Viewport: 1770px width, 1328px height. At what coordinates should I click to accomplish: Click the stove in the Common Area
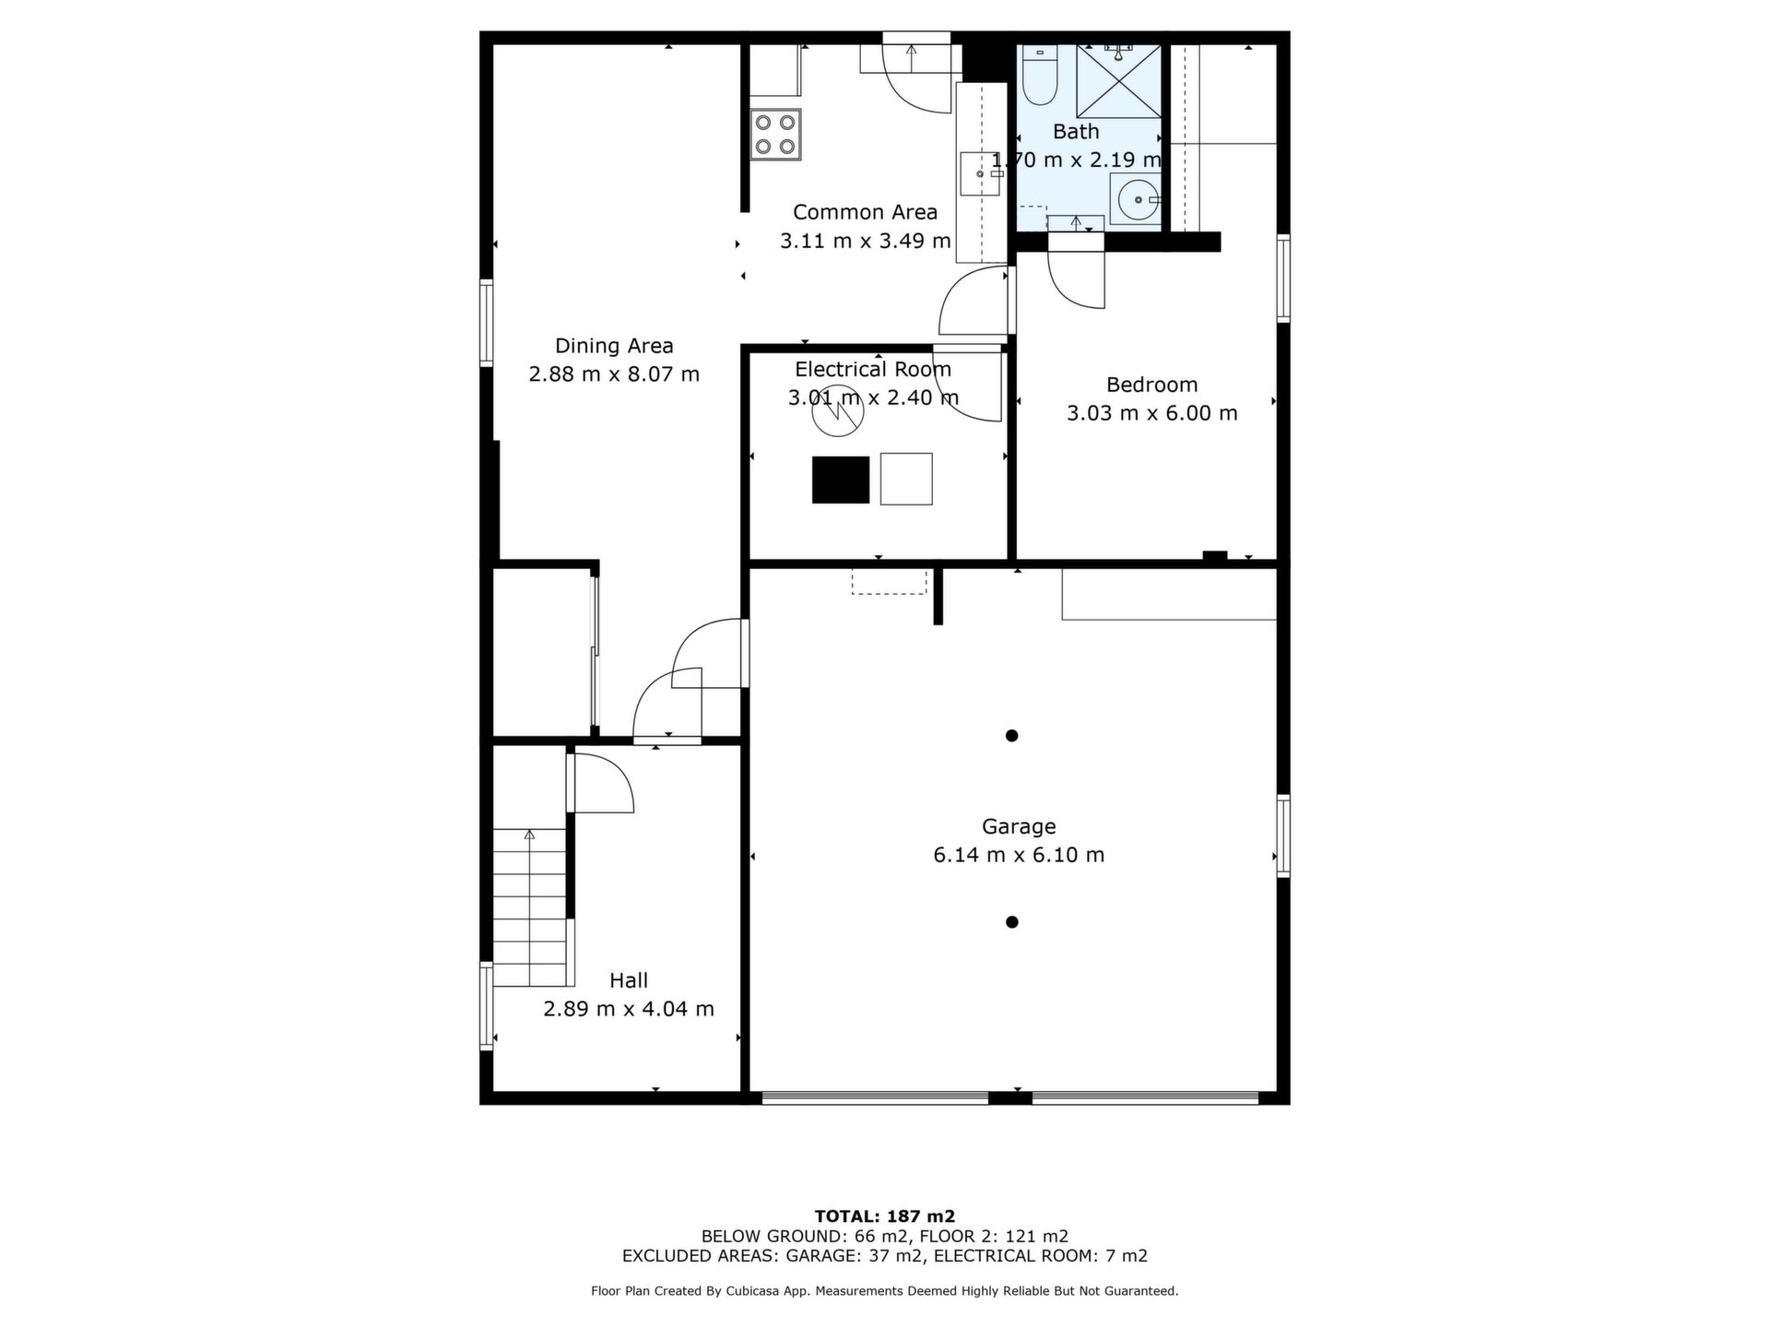775,135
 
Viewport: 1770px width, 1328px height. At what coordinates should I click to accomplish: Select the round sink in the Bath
1136,199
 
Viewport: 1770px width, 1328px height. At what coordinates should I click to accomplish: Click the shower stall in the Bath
1118,81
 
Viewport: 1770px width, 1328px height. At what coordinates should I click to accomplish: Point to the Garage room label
1019,826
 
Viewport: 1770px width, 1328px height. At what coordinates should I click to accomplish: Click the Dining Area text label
614,346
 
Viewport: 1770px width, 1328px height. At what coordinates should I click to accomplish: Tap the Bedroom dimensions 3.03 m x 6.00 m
1152,413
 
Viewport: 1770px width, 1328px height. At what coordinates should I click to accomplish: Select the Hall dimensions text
629,1009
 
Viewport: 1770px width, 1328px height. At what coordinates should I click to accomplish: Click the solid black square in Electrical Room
841,480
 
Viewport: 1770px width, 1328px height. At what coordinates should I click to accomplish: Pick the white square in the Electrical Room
906,479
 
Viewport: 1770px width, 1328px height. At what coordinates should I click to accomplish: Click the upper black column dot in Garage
1011,736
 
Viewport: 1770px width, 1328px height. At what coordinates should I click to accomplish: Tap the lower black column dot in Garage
1011,922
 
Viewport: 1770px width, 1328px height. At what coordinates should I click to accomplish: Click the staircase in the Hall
529,907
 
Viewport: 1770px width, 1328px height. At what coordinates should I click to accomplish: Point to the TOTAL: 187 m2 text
885,1216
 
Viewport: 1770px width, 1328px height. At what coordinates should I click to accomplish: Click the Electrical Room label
873,370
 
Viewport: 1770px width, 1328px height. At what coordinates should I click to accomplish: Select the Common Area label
865,212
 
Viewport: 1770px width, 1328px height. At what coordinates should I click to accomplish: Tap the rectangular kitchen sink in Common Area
980,174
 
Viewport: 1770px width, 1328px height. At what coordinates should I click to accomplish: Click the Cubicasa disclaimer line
885,1291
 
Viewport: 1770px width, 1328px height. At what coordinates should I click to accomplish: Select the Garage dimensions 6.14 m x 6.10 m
1019,855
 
